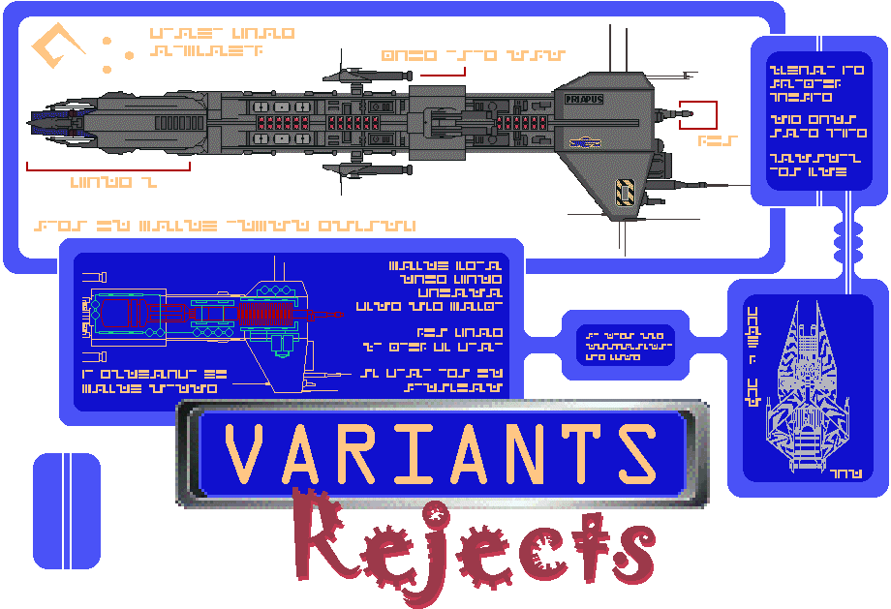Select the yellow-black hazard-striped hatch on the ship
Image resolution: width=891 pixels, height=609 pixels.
[x=626, y=192]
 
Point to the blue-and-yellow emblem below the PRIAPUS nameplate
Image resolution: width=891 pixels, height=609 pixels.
[x=585, y=142]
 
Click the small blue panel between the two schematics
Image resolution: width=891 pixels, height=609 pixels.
[x=626, y=345]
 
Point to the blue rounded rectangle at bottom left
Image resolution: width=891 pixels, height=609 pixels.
[x=67, y=510]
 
